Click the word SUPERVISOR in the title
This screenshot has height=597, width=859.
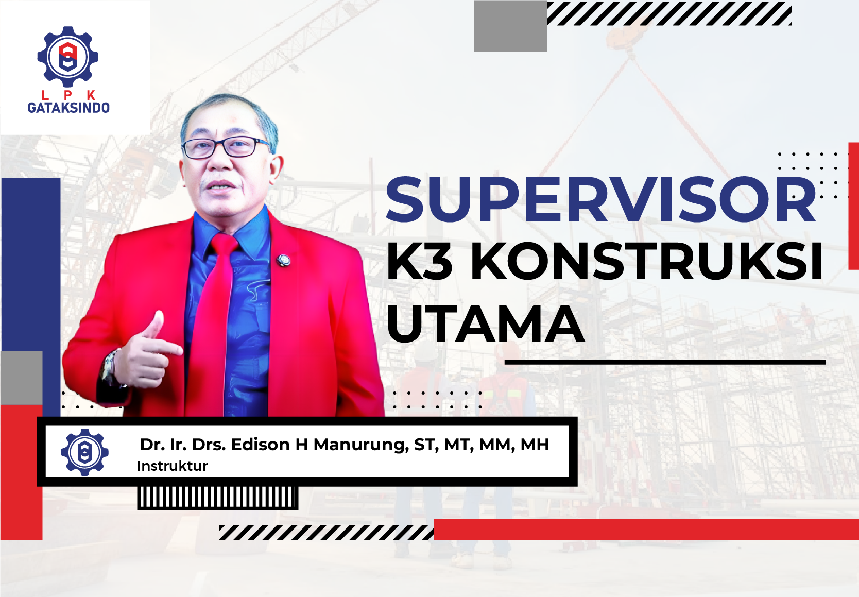tap(600, 200)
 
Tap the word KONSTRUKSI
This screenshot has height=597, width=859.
tap(646, 261)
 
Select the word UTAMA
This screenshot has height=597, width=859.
tap(486, 324)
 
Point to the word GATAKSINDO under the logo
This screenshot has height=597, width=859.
tap(68, 108)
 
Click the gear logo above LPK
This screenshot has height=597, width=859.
tap(68, 57)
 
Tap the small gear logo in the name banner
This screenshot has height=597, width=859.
tap(85, 452)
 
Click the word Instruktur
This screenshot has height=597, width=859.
tap(173, 466)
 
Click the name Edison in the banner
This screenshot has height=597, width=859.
tap(260, 444)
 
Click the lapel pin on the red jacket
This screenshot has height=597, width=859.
tap(283, 261)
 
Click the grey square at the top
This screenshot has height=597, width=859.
tap(510, 26)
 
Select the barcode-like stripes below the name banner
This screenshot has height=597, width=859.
tap(217, 498)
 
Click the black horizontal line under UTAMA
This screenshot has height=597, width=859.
tap(664, 362)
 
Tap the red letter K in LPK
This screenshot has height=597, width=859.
tap(91, 95)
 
